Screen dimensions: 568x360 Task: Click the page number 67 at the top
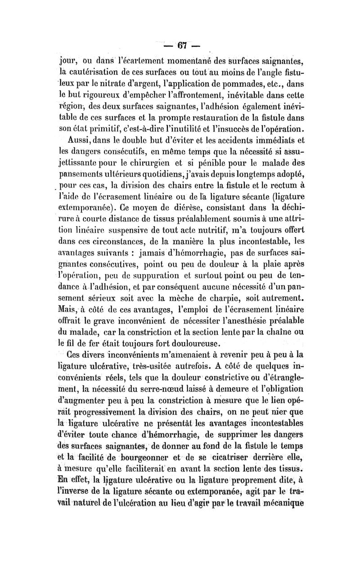pos(182,46)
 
